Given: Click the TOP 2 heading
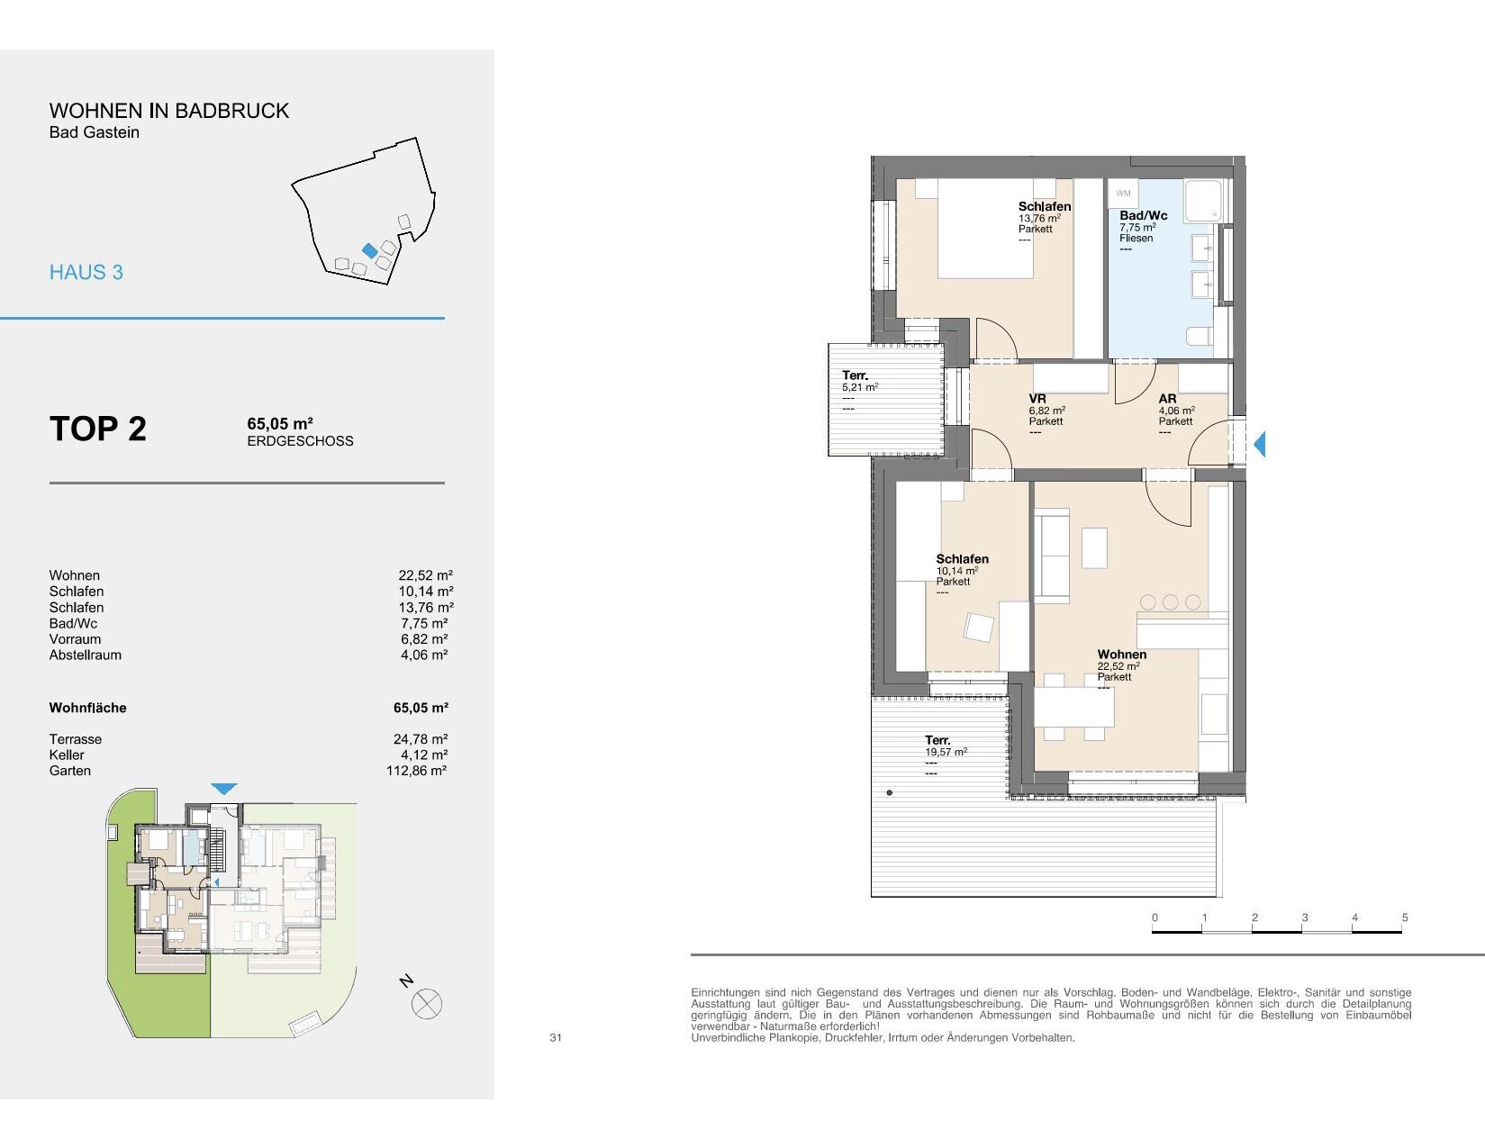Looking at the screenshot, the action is click(x=98, y=429).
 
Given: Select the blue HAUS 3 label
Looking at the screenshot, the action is click(x=86, y=273).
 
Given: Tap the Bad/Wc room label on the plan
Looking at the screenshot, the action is click(x=1144, y=215).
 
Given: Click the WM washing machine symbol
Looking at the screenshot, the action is click(x=1123, y=194).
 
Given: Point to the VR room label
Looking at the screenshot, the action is click(x=1037, y=399).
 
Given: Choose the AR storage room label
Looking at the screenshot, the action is click(x=1167, y=399).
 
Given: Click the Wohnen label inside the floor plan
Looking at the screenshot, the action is click(x=1121, y=655).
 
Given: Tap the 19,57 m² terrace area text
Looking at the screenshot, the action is click(x=946, y=752).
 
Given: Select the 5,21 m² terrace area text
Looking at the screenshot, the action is click(x=860, y=387).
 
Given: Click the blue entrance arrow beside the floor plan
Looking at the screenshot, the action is click(x=1260, y=444).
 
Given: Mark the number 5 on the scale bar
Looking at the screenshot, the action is click(x=1405, y=917).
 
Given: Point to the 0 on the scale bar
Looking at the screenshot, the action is click(x=1154, y=917).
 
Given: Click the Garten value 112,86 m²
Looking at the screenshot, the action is click(x=417, y=771).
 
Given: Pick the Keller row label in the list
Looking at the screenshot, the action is click(x=67, y=755).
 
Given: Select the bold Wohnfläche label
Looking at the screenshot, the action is click(x=87, y=709).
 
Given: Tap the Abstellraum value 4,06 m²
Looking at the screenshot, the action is click(x=424, y=655).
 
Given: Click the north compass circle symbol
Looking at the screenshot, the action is click(x=427, y=1004).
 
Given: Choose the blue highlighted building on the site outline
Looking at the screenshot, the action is click(x=370, y=250).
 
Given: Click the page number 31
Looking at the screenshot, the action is click(x=556, y=1037).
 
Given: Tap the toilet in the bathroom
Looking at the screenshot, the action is click(x=1200, y=336).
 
